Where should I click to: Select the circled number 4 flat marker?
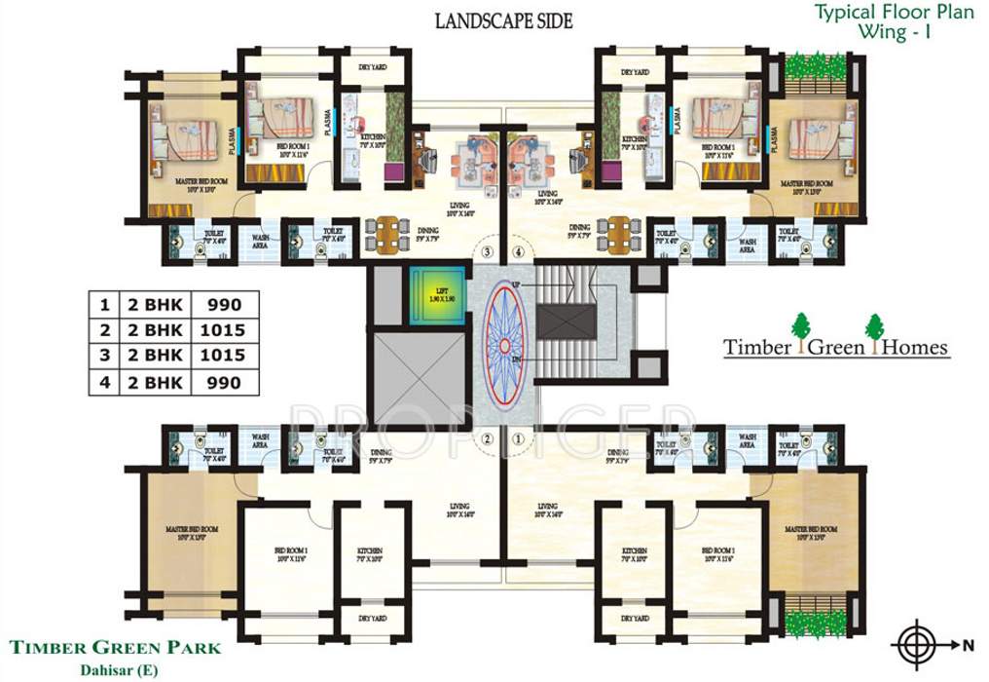tap(519, 252)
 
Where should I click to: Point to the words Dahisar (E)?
tap(117, 667)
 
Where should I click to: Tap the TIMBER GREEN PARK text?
tap(117, 647)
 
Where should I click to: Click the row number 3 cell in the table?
tap(104, 356)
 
